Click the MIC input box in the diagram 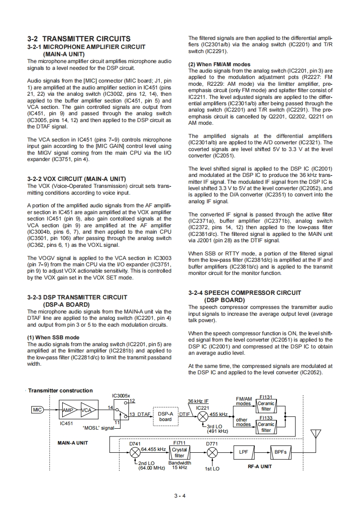point(37,410)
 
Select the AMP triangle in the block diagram point(68,410)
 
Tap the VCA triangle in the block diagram point(86,410)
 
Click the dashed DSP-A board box point(165,416)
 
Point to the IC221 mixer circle point(202,415)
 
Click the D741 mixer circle point(135,452)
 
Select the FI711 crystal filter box point(179,452)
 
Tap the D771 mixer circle point(212,452)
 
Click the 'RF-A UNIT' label point(260,466)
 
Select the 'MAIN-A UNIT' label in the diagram point(73,442)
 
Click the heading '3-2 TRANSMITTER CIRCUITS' point(79,39)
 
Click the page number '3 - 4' point(180,495)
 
